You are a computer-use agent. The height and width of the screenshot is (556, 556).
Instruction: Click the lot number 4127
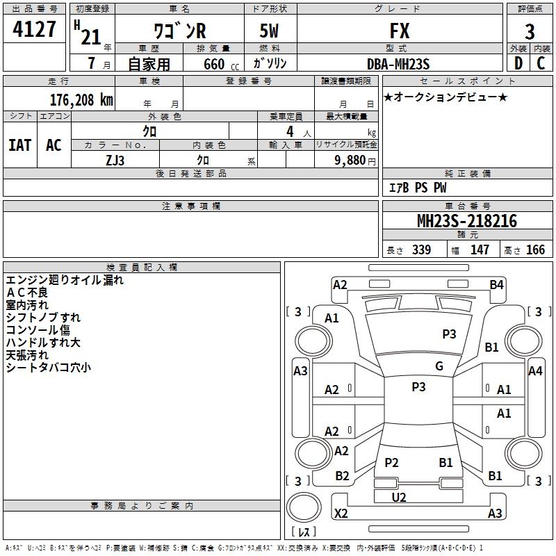[x=35, y=30]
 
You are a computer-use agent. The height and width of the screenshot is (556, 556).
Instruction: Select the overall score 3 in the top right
[x=530, y=31]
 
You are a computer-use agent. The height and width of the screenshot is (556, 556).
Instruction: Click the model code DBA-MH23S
[x=398, y=64]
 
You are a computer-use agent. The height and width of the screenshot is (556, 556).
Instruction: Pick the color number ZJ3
[x=115, y=159]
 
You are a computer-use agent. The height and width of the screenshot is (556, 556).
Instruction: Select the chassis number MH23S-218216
[x=466, y=221]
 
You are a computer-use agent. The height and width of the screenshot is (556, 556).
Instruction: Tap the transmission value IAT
[x=19, y=145]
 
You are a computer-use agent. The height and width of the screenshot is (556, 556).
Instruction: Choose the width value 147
[x=480, y=250]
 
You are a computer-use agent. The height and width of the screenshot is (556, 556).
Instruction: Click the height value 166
[x=535, y=250]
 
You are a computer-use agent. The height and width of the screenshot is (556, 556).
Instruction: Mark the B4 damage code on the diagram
[x=496, y=284]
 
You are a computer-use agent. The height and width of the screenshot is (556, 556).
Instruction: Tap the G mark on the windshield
[x=439, y=366]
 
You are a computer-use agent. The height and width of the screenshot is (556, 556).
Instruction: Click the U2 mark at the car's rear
[x=399, y=497]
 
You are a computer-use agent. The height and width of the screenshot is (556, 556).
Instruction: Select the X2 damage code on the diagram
[x=341, y=514]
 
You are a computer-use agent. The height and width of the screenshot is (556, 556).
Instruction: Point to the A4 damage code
[x=535, y=371]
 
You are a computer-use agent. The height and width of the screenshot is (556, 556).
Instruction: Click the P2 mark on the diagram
[x=391, y=462]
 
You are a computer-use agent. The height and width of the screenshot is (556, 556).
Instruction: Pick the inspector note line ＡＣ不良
[x=27, y=293]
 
